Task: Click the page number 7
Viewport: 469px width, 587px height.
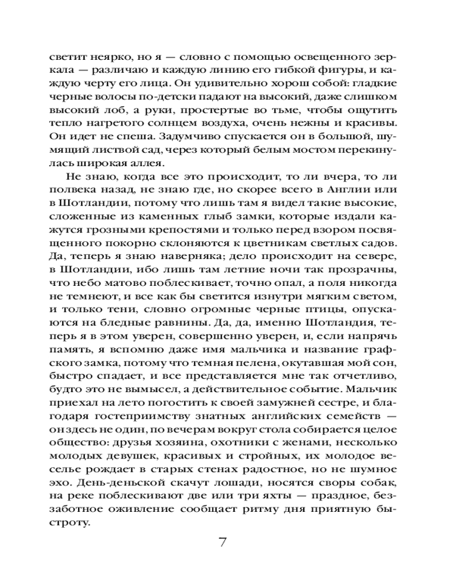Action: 222,541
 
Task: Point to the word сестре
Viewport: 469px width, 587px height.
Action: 312,403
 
